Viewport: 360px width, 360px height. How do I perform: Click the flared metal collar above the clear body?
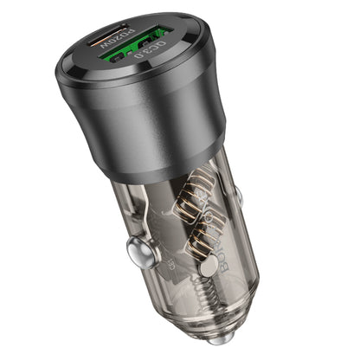pyautogui.click(x=164, y=156)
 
